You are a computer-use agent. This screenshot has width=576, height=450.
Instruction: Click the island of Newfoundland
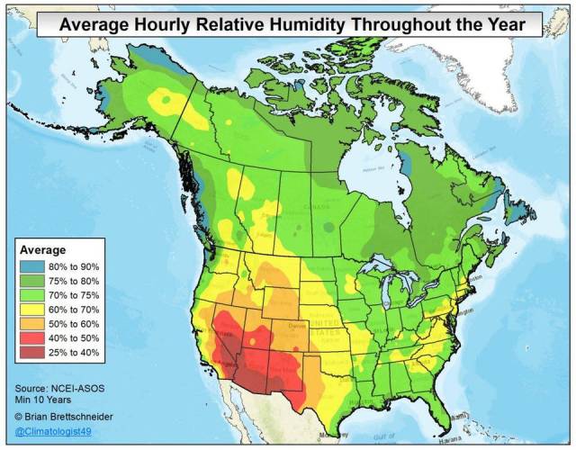pos(526,216)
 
